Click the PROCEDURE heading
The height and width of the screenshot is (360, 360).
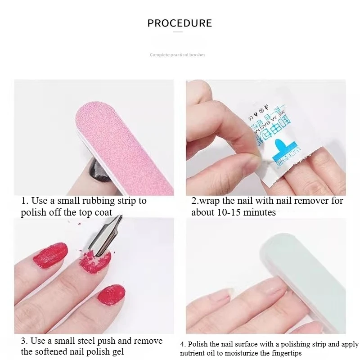(180, 23)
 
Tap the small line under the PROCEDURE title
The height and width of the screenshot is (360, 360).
(180, 32)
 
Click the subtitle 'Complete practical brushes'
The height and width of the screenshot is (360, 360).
(177, 55)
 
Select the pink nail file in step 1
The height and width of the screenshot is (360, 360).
(121, 144)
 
